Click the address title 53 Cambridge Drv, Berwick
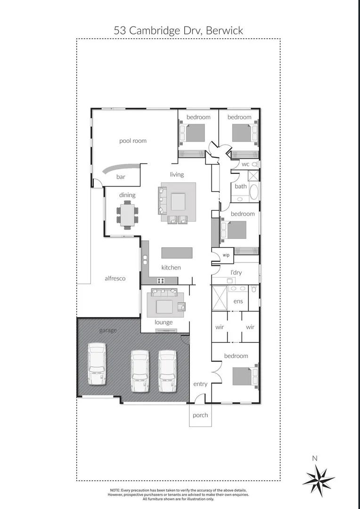point(179,31)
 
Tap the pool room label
point(133,140)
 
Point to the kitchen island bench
point(177,253)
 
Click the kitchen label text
point(171,267)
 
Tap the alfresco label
point(115,279)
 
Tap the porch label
point(200,415)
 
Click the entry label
point(200,384)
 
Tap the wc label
point(245,164)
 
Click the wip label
point(226,255)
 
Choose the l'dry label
point(236,273)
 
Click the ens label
point(238,301)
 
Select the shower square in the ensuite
point(219,298)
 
